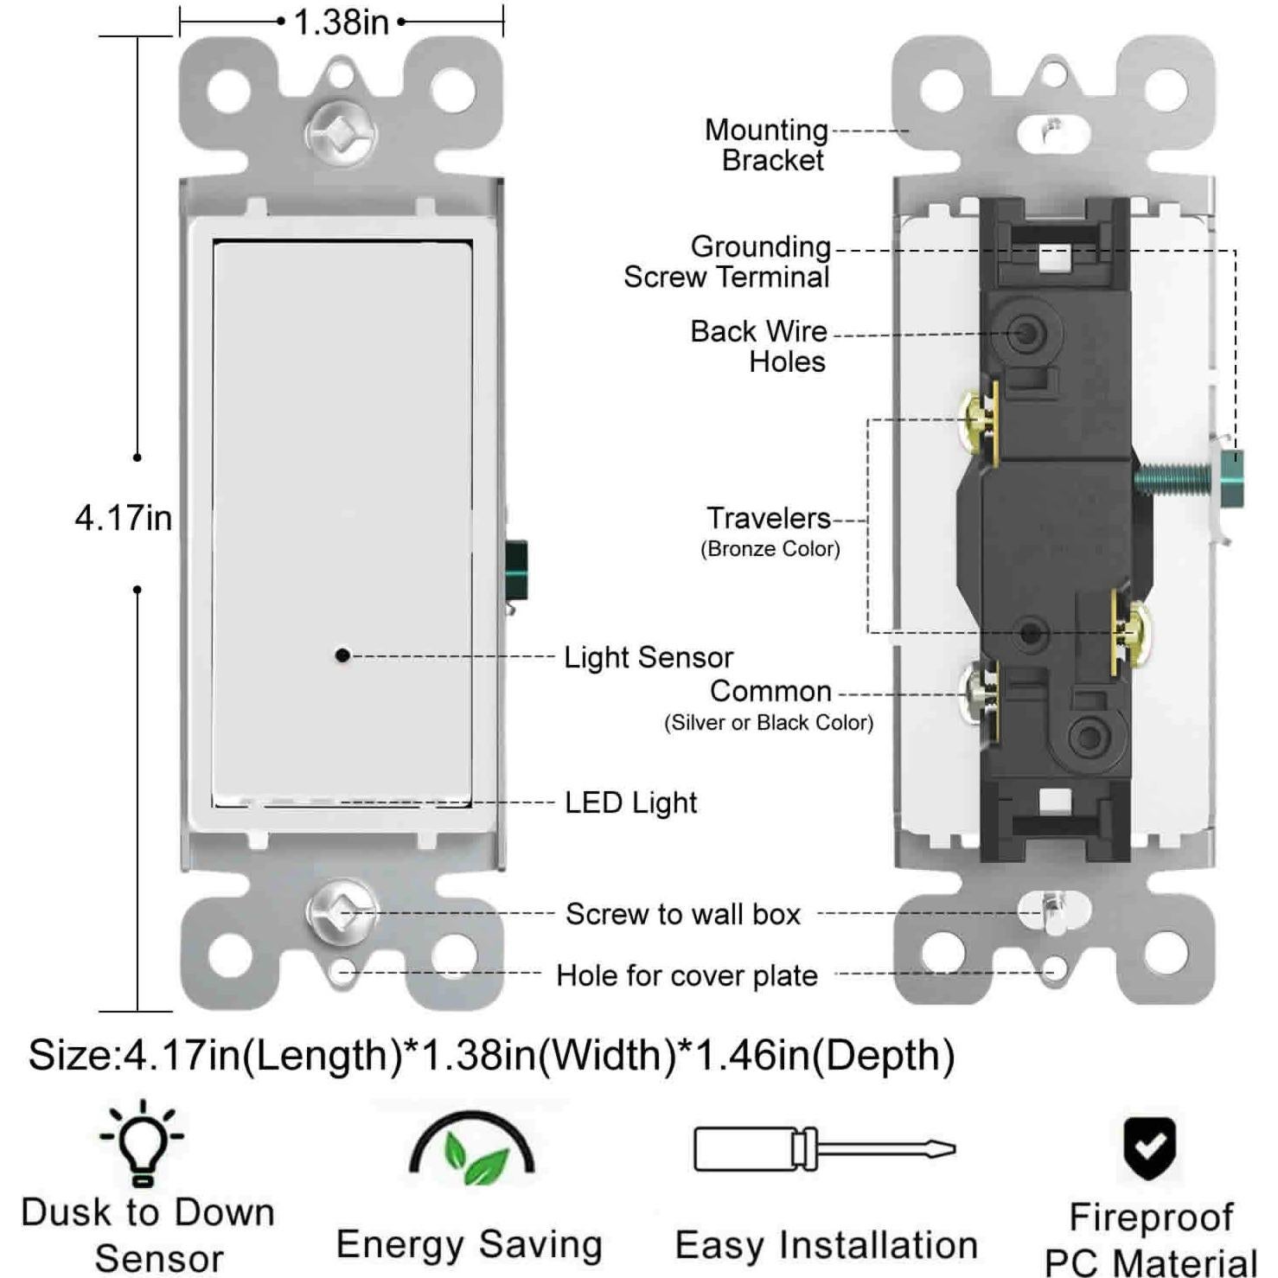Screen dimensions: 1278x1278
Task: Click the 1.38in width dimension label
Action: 341,22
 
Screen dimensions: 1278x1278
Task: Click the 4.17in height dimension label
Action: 123,518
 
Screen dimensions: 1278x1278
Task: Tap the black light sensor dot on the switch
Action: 342,655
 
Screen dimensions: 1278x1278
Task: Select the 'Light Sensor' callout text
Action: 648,657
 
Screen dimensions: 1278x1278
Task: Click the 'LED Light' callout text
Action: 630,802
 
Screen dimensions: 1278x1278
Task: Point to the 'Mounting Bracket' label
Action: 767,144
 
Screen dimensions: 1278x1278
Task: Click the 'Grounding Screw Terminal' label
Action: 727,261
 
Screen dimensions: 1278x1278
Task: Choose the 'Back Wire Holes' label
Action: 758,346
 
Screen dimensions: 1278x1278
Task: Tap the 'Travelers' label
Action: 769,519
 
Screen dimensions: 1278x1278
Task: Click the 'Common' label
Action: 770,692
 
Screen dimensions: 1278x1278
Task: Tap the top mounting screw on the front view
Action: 342,134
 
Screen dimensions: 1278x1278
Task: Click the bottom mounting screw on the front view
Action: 342,913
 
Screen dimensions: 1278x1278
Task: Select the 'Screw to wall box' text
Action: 683,914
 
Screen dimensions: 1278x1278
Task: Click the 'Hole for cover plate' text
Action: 687,975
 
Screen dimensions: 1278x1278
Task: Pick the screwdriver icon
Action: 824,1149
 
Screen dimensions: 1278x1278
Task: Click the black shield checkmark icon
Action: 1149,1148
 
